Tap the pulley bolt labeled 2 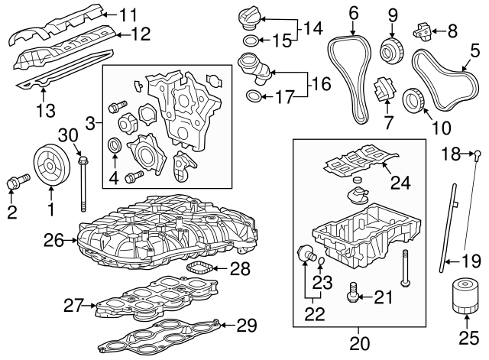pyautogui.click(x=14, y=183)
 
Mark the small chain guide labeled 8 pyautogui.click(x=423, y=31)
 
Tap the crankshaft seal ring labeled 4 pyautogui.click(x=115, y=144)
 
